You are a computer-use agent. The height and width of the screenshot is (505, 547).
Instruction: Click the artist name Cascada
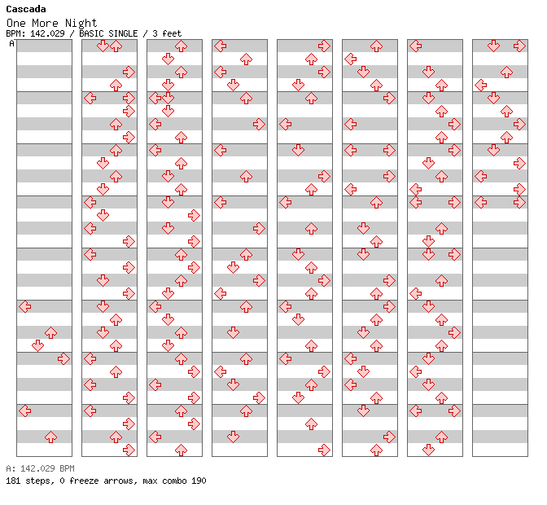pos(26,9)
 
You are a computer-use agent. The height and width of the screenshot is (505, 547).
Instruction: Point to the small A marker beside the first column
pos(12,43)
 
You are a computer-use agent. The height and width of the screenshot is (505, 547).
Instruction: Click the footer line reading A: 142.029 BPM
pos(40,468)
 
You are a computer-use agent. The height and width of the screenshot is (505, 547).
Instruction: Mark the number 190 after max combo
pos(199,481)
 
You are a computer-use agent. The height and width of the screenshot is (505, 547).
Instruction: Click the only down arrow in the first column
pos(37,345)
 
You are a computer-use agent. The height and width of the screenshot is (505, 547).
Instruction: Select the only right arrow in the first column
pos(63,358)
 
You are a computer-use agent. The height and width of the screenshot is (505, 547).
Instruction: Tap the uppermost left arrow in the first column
pos(24,306)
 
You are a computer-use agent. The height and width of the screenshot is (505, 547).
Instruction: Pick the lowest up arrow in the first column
pos(50,437)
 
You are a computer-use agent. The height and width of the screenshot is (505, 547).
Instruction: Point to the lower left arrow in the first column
pos(24,411)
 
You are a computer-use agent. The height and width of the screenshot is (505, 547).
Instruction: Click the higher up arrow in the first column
pos(50,332)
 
